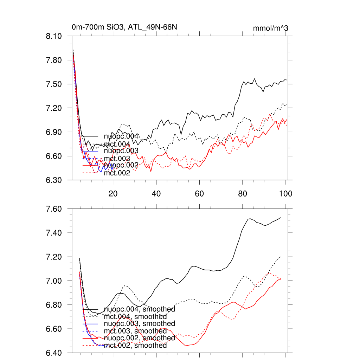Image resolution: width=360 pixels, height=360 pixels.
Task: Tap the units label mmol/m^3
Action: tap(270, 28)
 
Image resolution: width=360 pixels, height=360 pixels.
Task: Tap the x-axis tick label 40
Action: tap(156, 193)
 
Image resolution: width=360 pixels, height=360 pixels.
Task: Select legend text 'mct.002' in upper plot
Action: tap(117, 173)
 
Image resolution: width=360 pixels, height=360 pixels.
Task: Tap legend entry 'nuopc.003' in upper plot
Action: tap(121, 151)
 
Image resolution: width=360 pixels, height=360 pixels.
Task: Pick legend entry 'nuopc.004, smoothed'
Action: tap(140, 309)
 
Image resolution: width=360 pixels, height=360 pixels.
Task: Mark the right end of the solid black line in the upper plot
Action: tap(287, 80)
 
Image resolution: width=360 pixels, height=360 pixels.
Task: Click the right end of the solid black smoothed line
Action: tap(281, 218)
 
